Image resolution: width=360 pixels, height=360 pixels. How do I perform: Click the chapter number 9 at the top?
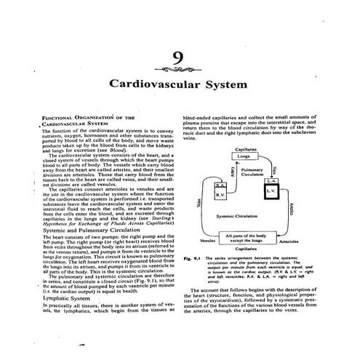[180, 59]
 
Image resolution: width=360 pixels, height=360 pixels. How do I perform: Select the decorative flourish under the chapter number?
[180, 71]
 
